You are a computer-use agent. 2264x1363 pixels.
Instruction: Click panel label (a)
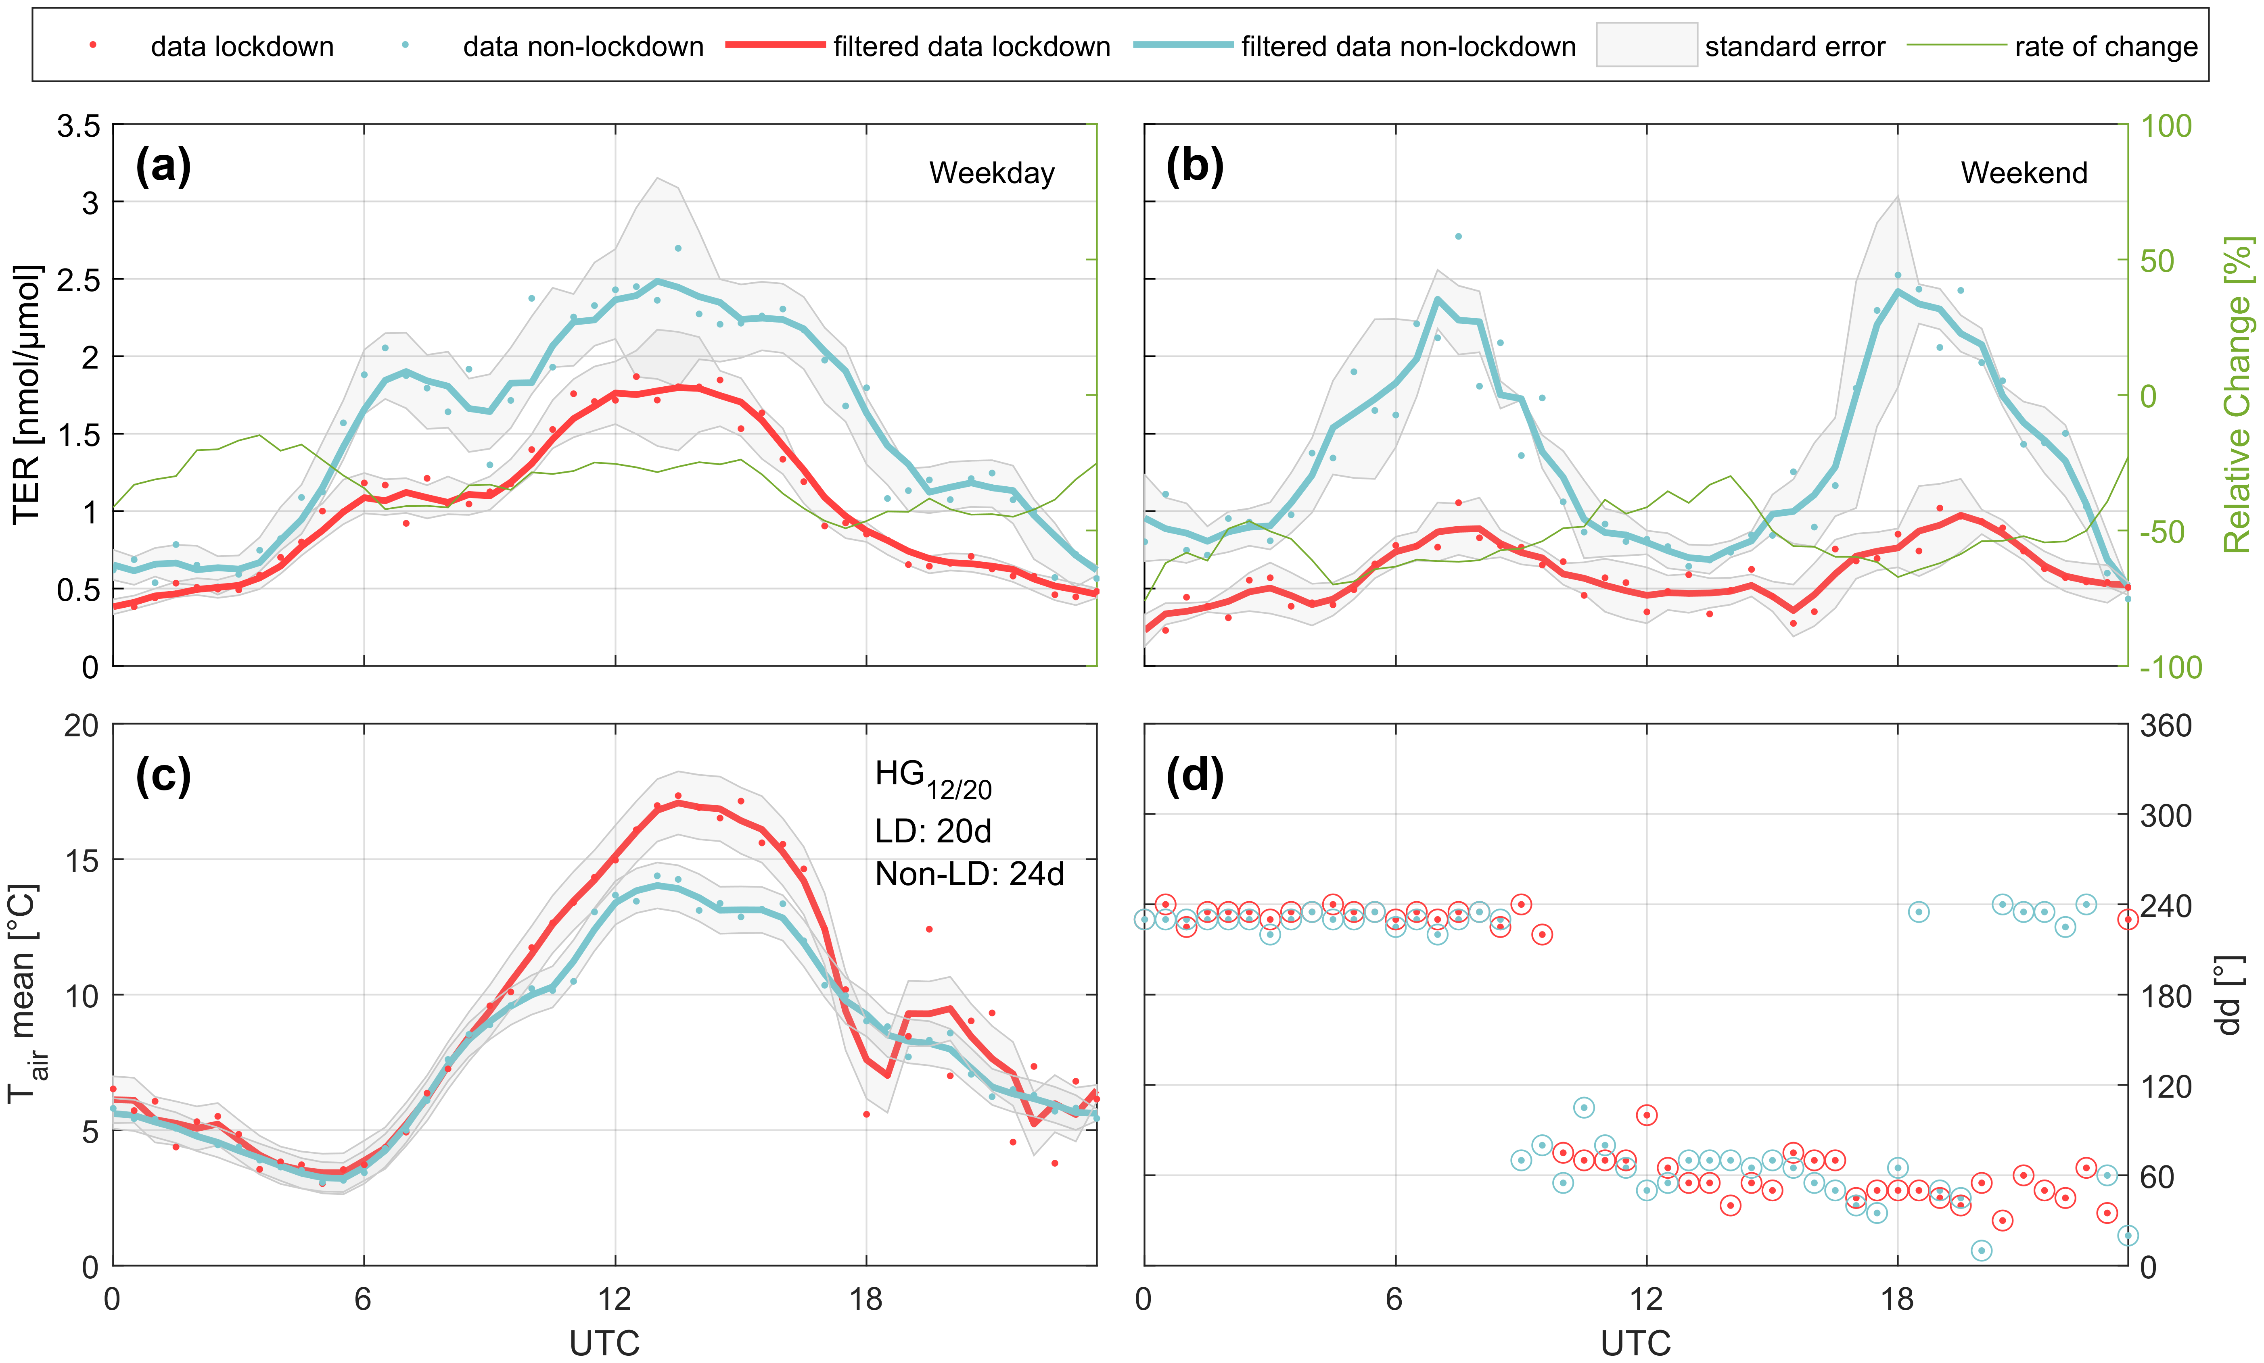coord(163,167)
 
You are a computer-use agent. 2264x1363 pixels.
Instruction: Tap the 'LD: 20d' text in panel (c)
coord(932,831)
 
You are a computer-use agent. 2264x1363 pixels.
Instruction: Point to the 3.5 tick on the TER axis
coord(79,126)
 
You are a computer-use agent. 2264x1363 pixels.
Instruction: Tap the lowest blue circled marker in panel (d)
coord(1982,1250)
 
